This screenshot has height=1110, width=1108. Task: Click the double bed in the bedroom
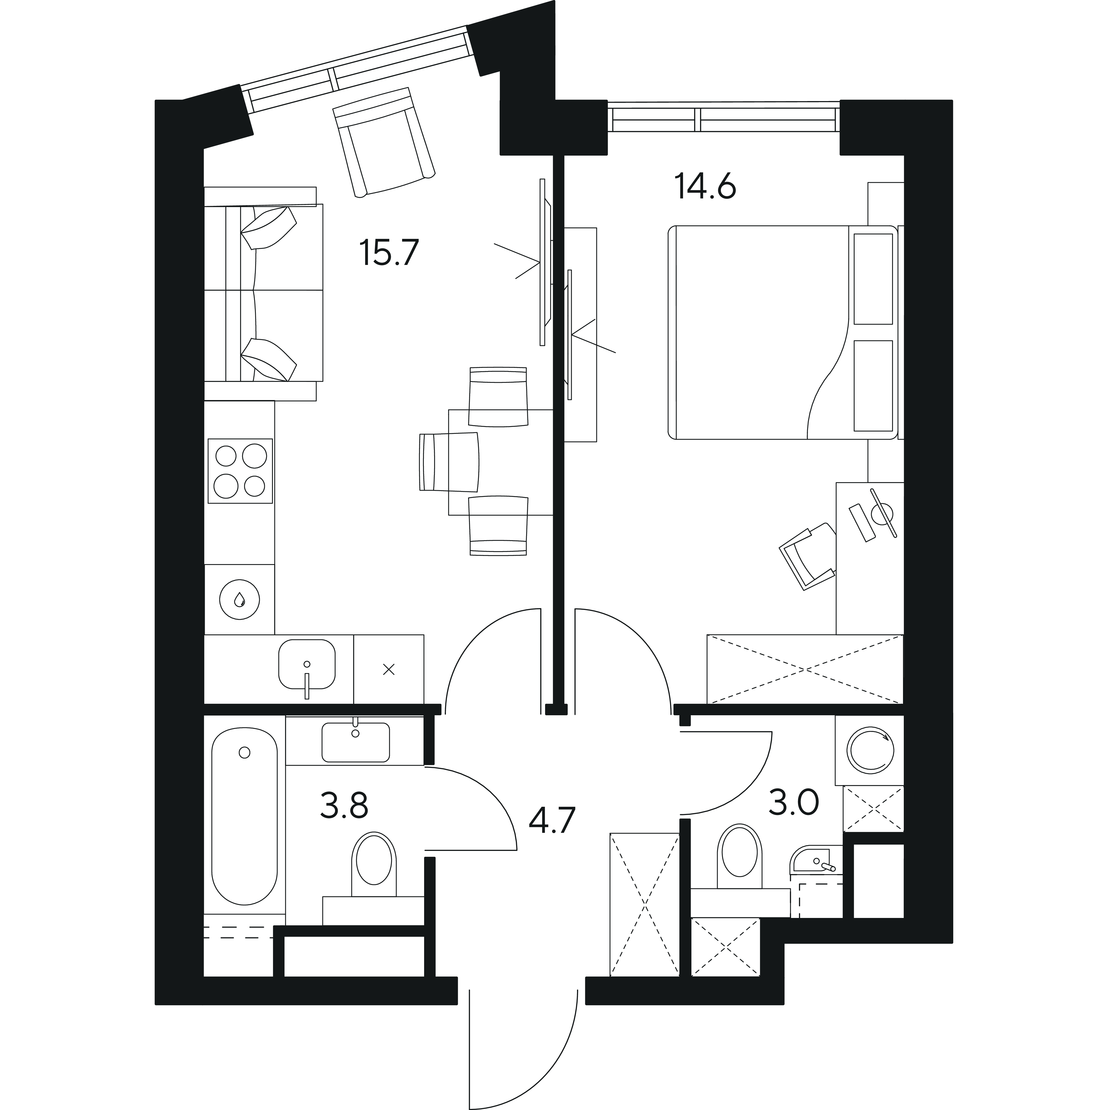pos(782,333)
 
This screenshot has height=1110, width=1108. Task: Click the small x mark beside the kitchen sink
pos(389,669)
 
